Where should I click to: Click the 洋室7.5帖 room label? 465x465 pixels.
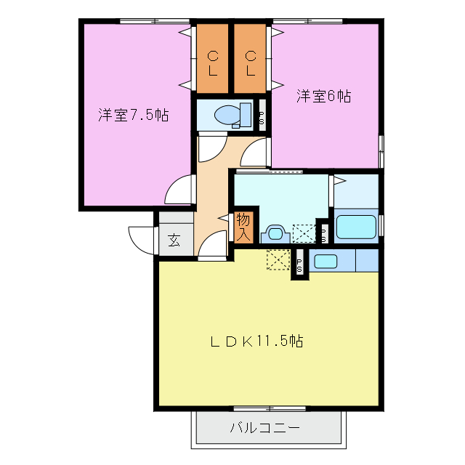(134, 115)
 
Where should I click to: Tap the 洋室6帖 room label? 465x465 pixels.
(323, 96)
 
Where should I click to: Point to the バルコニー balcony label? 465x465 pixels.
(265, 427)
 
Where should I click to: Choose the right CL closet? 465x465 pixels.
(251, 61)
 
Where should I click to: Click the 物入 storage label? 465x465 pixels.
(243, 227)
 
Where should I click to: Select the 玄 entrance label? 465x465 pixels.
(174, 240)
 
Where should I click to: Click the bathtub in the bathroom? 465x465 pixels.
(355, 226)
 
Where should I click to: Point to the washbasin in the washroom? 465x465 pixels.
(274, 233)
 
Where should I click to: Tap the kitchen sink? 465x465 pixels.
(325, 261)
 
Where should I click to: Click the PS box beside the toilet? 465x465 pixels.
(262, 116)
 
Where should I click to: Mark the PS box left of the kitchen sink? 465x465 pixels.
(299, 263)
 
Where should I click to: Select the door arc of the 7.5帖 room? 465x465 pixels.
(177, 192)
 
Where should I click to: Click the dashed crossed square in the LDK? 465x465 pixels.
(278, 259)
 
